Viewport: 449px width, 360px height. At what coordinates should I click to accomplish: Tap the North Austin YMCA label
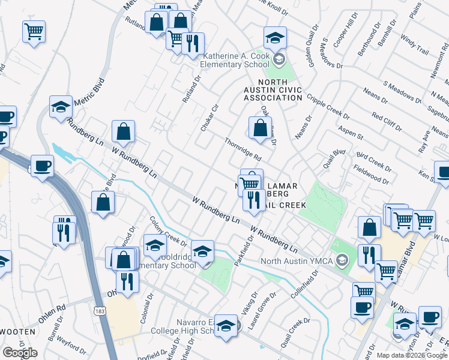pyautogui.click(x=298, y=260)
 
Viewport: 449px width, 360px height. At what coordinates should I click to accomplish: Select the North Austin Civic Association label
pyautogui.click(x=280, y=89)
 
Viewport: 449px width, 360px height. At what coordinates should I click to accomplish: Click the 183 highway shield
pyautogui.click(x=99, y=310)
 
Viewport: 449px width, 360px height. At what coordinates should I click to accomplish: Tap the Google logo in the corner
pyautogui.click(x=20, y=353)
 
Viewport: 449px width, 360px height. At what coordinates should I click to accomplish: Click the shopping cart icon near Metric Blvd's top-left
pyautogui.click(x=34, y=31)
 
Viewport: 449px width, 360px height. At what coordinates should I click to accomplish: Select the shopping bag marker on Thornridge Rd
pyautogui.click(x=260, y=128)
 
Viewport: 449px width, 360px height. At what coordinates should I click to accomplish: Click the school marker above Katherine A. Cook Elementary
pyautogui.click(x=275, y=38)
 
